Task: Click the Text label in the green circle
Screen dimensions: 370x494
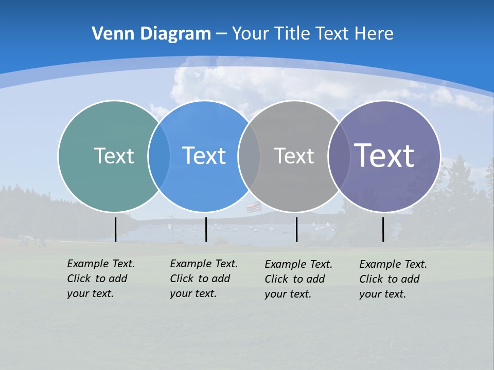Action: tap(114, 156)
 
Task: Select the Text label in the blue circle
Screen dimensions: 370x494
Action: tap(204, 156)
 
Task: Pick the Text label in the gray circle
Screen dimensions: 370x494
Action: tap(294, 156)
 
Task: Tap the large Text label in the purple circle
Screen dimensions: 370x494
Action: tap(384, 156)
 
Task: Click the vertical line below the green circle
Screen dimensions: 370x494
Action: tap(115, 229)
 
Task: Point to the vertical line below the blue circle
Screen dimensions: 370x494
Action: tap(206, 229)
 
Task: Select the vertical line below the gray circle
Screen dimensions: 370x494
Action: tap(296, 229)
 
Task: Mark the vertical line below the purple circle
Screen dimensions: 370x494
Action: tap(383, 229)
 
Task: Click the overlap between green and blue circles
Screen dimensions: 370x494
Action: tap(159, 156)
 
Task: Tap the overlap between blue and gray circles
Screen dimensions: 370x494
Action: tap(249, 156)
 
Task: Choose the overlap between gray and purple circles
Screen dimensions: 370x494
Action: tap(338, 156)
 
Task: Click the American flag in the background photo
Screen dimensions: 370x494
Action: tap(253, 207)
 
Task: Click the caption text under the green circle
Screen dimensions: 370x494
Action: tap(101, 279)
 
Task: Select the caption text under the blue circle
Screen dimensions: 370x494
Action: tap(204, 279)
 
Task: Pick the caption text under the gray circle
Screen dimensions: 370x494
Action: tap(298, 279)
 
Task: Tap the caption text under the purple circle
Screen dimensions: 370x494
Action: tap(393, 279)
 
